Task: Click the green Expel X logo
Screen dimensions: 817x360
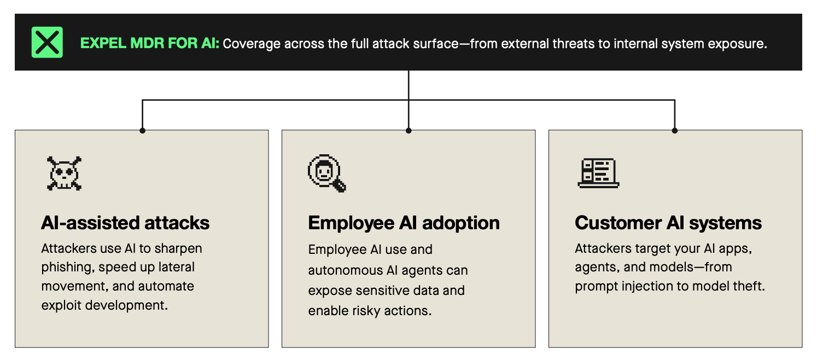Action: pos(47,42)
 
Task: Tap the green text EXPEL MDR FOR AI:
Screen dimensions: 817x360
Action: pos(149,43)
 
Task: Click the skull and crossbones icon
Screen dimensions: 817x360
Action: pos(64,173)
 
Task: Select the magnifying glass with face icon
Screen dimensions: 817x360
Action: pos(327,173)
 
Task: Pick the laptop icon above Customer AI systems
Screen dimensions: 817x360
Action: pos(598,173)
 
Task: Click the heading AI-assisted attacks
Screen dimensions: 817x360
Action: pos(125,223)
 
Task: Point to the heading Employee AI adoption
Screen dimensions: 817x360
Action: pos(404,223)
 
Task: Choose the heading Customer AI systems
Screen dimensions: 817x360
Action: pos(668,223)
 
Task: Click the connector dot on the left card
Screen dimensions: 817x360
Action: pos(143,131)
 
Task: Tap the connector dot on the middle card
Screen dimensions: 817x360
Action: pos(408,131)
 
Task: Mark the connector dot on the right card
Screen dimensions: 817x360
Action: pos(675,131)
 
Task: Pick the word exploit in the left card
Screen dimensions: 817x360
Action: pos(61,305)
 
